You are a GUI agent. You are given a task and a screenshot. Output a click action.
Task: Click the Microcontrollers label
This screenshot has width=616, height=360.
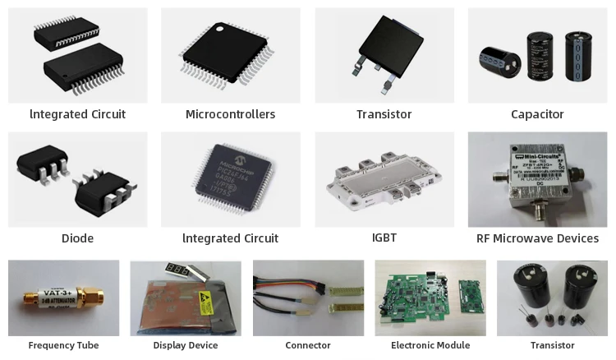pyautogui.click(x=230, y=114)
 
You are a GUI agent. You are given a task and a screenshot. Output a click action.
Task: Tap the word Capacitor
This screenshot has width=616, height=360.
pyautogui.click(x=537, y=114)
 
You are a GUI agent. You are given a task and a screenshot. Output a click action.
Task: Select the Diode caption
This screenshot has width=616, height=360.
pyautogui.click(x=77, y=238)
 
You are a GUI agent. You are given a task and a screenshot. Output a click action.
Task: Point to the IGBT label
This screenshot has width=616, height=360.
pyautogui.click(x=384, y=238)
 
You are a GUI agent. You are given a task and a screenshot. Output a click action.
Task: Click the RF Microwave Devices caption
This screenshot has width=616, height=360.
pyautogui.click(x=537, y=238)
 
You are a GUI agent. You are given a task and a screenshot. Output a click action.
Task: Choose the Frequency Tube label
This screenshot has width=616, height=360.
pyautogui.click(x=63, y=345)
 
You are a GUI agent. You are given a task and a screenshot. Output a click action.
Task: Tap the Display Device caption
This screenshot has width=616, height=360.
pyautogui.click(x=186, y=345)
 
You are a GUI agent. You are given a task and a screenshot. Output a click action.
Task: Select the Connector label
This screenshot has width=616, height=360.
pyautogui.click(x=308, y=345)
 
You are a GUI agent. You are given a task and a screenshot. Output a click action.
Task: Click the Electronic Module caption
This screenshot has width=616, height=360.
pyautogui.click(x=430, y=345)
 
